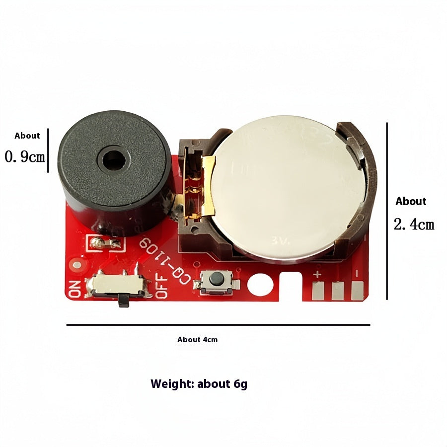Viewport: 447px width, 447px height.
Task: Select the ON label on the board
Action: (75, 289)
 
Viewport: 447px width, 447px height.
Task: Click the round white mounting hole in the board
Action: (258, 285)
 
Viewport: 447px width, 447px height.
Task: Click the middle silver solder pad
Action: (338, 291)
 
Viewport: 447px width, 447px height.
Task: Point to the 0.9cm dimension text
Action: (25, 157)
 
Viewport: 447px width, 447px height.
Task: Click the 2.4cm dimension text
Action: (414, 224)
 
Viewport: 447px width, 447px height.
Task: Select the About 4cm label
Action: (197, 340)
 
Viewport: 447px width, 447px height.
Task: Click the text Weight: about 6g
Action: (199, 384)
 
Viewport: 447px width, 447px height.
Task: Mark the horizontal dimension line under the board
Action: (218, 325)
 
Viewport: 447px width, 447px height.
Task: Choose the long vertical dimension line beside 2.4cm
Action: (387, 211)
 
